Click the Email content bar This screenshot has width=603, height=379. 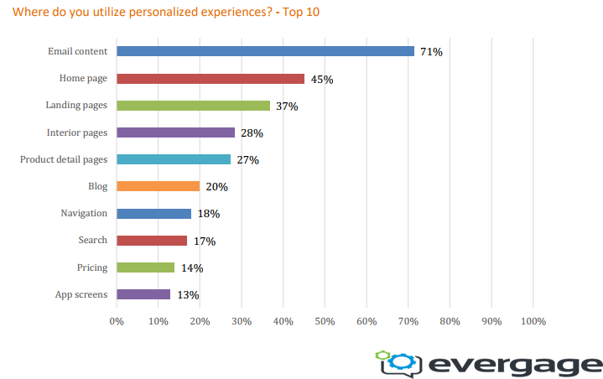[265, 51]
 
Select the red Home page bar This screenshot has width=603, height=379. [211, 79]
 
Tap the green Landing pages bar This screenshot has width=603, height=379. [194, 106]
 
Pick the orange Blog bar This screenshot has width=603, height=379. [159, 186]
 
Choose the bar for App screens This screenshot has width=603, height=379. [143, 294]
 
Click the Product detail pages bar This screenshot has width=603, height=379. [174, 159]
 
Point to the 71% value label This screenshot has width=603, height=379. [431, 52]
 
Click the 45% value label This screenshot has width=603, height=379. [322, 80]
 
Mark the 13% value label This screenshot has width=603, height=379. [188, 295]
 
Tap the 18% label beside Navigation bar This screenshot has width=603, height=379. [209, 214]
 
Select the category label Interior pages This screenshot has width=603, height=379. [77, 132]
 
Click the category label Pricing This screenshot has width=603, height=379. [92, 267]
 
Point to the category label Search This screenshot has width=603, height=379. [92, 240]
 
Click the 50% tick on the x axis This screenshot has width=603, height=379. [325, 321]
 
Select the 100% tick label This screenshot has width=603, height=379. [533, 321]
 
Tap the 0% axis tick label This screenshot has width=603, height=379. [117, 321]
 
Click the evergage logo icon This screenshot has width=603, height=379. [398, 361]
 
